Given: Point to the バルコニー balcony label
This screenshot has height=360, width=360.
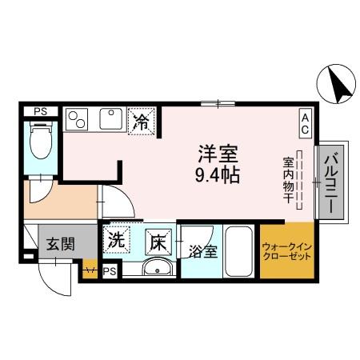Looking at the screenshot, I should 330,183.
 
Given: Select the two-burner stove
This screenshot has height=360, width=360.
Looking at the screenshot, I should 78,119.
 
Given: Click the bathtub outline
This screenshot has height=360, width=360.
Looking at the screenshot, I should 238,250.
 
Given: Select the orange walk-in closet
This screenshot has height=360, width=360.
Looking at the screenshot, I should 286,250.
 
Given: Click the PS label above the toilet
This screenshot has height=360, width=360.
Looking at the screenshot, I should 38,111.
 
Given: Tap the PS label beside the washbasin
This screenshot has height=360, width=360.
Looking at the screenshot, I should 110,272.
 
